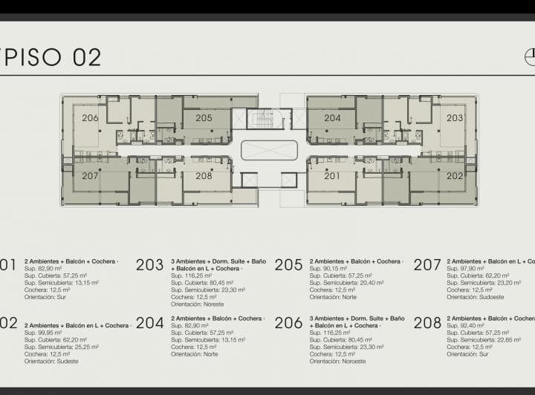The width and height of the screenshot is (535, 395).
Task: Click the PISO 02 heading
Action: (x=52, y=57)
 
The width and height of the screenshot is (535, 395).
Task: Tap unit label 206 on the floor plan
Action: (x=90, y=118)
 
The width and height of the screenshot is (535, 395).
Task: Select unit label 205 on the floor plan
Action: (x=204, y=118)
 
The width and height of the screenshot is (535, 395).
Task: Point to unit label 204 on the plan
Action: (x=332, y=118)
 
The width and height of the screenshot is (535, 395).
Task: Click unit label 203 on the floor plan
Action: (x=455, y=118)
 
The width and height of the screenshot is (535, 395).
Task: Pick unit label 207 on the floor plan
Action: (x=90, y=176)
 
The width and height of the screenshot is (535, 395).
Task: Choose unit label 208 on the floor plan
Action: (x=204, y=176)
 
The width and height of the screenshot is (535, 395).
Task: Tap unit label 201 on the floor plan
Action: (x=332, y=176)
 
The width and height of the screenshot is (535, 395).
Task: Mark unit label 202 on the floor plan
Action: (x=455, y=176)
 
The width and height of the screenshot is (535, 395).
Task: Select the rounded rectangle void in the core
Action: (x=269, y=150)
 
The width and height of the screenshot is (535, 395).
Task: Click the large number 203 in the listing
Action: (x=149, y=265)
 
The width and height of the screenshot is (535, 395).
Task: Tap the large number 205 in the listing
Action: (x=288, y=265)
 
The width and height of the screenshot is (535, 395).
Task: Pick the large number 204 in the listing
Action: (x=149, y=322)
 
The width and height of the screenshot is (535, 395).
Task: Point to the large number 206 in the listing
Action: (x=288, y=322)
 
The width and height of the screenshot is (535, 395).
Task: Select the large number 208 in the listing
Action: (x=427, y=322)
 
